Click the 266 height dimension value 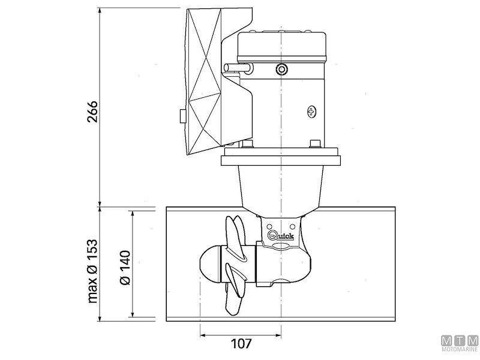[x=91, y=109]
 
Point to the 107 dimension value [x=239, y=344]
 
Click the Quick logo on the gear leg [x=280, y=235]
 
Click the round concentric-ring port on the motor [x=281, y=70]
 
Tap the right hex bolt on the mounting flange [x=313, y=143]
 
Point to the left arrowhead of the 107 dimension [x=202, y=334]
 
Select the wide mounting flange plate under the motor [x=281, y=160]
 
